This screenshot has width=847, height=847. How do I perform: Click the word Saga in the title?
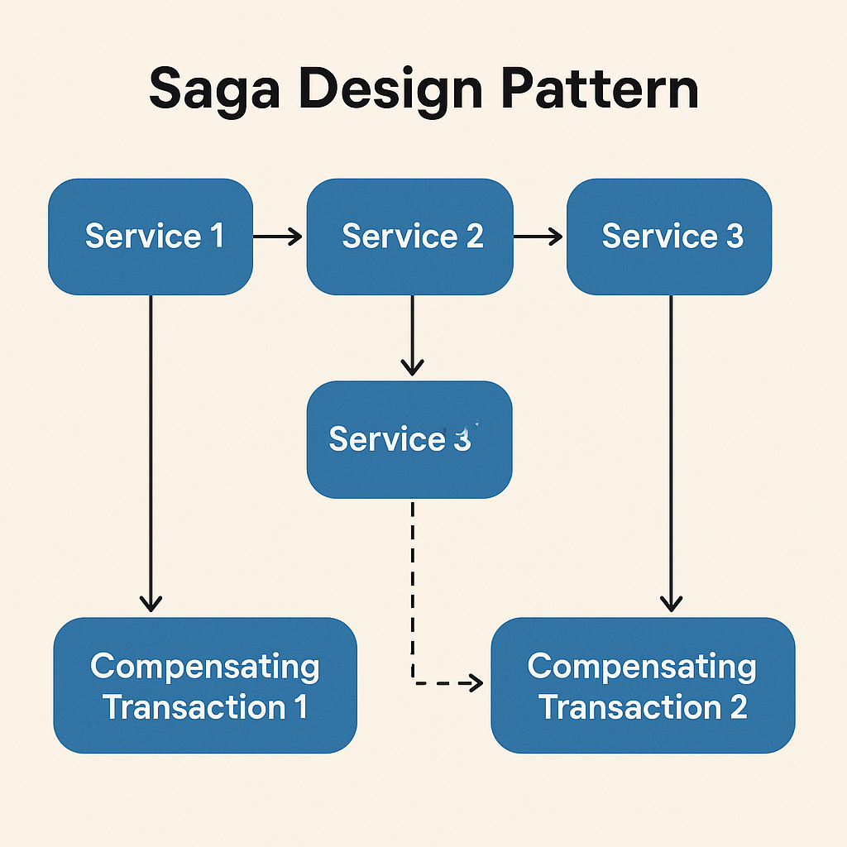[x=212, y=90]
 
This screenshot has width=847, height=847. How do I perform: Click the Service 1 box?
[x=151, y=237]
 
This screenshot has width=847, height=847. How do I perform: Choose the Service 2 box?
[x=409, y=237]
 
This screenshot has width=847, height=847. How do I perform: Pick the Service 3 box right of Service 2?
[x=668, y=237]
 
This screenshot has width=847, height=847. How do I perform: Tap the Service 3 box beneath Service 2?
[x=409, y=439]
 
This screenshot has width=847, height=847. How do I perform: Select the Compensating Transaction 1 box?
[x=205, y=686]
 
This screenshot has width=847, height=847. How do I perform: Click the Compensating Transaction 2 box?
[x=643, y=686]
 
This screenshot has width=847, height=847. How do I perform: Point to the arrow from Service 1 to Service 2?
[x=278, y=237]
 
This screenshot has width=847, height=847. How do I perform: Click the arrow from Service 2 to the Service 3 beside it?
[x=538, y=237]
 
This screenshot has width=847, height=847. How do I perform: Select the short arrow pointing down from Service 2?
[x=412, y=335]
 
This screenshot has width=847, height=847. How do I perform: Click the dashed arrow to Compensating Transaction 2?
[x=412, y=596]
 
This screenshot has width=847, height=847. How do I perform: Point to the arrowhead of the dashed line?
[x=475, y=682]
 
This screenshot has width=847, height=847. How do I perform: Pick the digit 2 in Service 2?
[x=474, y=237]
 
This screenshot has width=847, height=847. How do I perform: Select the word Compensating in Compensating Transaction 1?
[x=205, y=667]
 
